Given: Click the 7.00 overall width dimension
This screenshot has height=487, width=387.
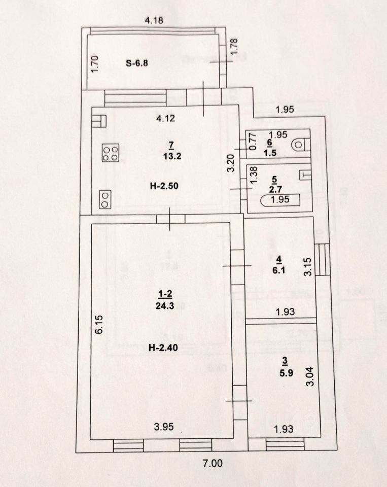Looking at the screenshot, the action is pyautogui.click(x=213, y=463).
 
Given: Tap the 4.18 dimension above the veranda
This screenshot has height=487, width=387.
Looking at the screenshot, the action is pyautogui.click(x=154, y=21).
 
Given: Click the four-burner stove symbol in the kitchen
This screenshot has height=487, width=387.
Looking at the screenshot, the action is pyautogui.click(x=110, y=153).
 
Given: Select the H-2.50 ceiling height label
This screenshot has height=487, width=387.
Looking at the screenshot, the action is pyautogui.click(x=163, y=185).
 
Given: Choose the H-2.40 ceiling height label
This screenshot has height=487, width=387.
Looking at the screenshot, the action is pyautogui.click(x=163, y=347).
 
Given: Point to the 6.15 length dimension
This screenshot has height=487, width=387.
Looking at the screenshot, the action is pyautogui.click(x=100, y=324).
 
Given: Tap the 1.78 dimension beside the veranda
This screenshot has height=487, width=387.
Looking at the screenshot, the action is pyautogui.click(x=234, y=47).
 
